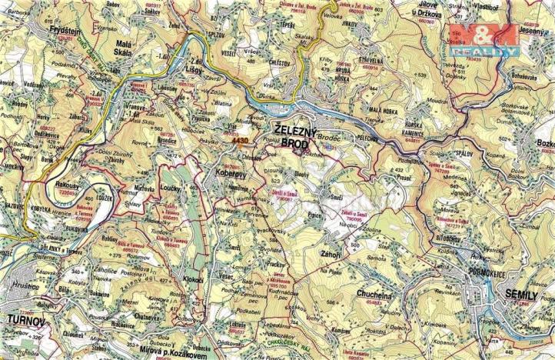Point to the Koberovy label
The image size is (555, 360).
(231, 172)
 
